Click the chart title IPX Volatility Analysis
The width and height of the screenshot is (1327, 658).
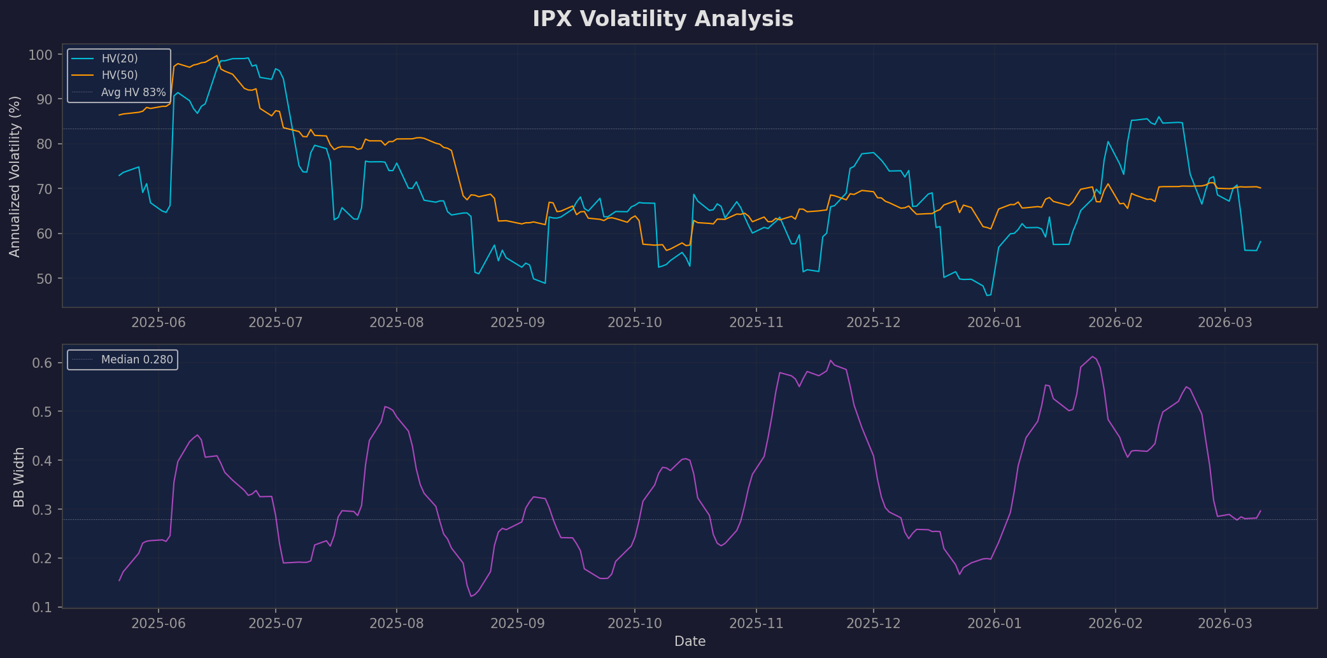(663, 19)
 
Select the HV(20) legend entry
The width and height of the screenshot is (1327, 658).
(120, 59)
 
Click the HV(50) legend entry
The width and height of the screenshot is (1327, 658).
(120, 75)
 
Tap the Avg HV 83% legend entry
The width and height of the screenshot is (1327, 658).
(133, 92)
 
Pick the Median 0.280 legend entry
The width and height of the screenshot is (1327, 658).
(137, 360)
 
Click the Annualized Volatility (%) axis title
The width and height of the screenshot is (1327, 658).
(15, 176)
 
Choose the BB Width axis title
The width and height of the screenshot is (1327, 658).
(19, 477)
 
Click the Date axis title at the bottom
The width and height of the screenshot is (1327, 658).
(690, 641)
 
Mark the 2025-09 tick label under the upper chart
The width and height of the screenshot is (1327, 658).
(517, 323)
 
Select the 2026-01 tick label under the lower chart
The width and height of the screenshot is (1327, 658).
(994, 624)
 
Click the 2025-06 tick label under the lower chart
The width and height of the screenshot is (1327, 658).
(159, 624)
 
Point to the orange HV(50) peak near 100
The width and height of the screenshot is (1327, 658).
(217, 55)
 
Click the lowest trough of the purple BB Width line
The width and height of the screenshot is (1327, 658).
(471, 596)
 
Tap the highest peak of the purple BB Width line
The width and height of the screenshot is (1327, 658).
(1093, 356)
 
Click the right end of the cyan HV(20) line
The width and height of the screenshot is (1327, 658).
(1260, 241)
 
